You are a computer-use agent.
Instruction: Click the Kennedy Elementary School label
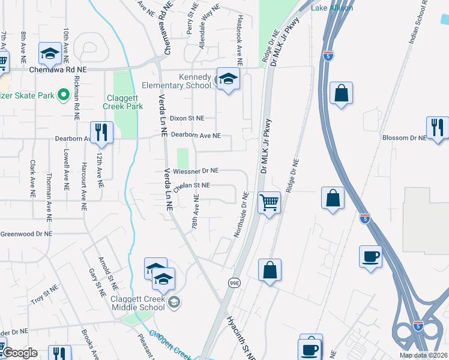pyautogui.click(x=195, y=81)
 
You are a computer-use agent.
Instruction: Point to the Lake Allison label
pyautogui.click(x=332, y=8)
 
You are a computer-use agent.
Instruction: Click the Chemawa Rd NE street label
pyautogui.click(x=58, y=70)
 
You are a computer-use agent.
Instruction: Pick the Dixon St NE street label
pyautogui.click(x=187, y=118)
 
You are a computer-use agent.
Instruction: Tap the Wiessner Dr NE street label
pyautogui.click(x=196, y=170)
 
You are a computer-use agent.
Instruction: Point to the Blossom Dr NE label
pyautogui.click(x=404, y=137)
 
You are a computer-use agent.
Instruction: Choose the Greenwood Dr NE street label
pyautogui.click(x=26, y=234)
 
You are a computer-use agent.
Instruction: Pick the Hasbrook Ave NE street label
pyautogui.click(x=240, y=40)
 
